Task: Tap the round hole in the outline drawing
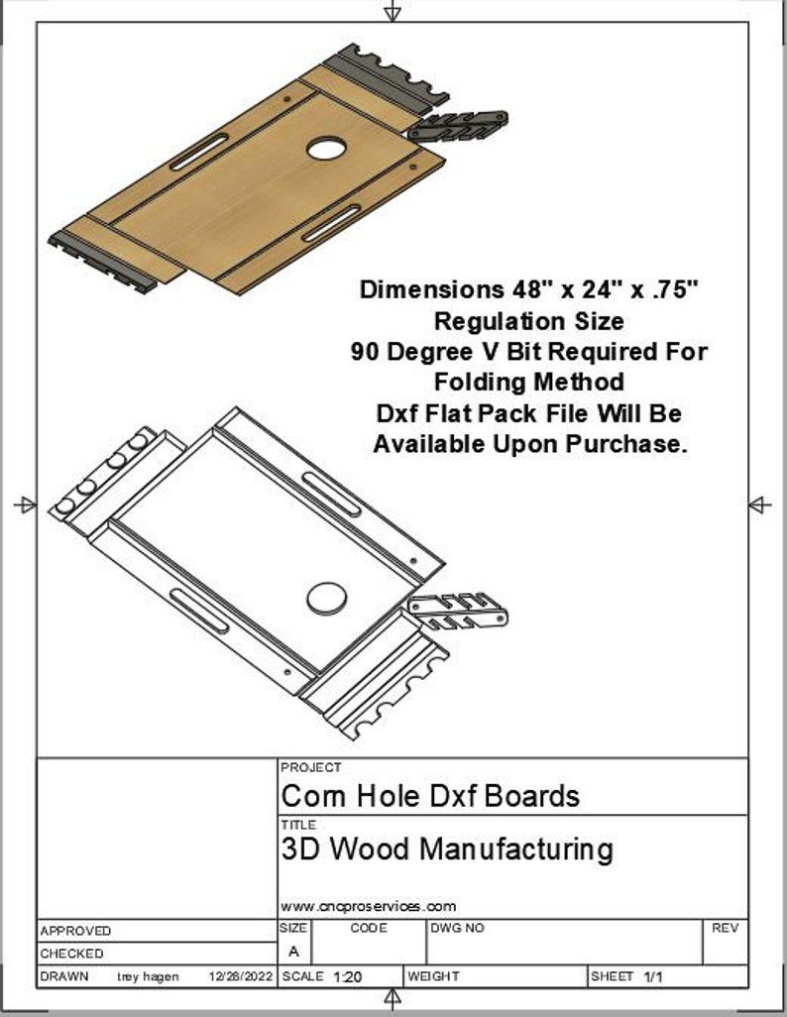click(325, 598)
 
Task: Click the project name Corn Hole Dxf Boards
click(430, 795)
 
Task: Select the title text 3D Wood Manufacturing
click(447, 848)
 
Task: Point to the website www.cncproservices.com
click(368, 906)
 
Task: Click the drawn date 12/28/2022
click(240, 976)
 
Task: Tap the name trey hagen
click(149, 976)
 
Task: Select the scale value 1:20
click(348, 976)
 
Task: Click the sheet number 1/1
click(653, 976)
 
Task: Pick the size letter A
click(293, 952)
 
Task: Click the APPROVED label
click(76, 932)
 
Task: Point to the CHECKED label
click(71, 954)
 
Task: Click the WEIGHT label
click(434, 976)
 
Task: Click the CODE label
click(369, 929)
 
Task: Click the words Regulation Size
click(529, 321)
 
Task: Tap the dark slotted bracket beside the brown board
click(458, 125)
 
